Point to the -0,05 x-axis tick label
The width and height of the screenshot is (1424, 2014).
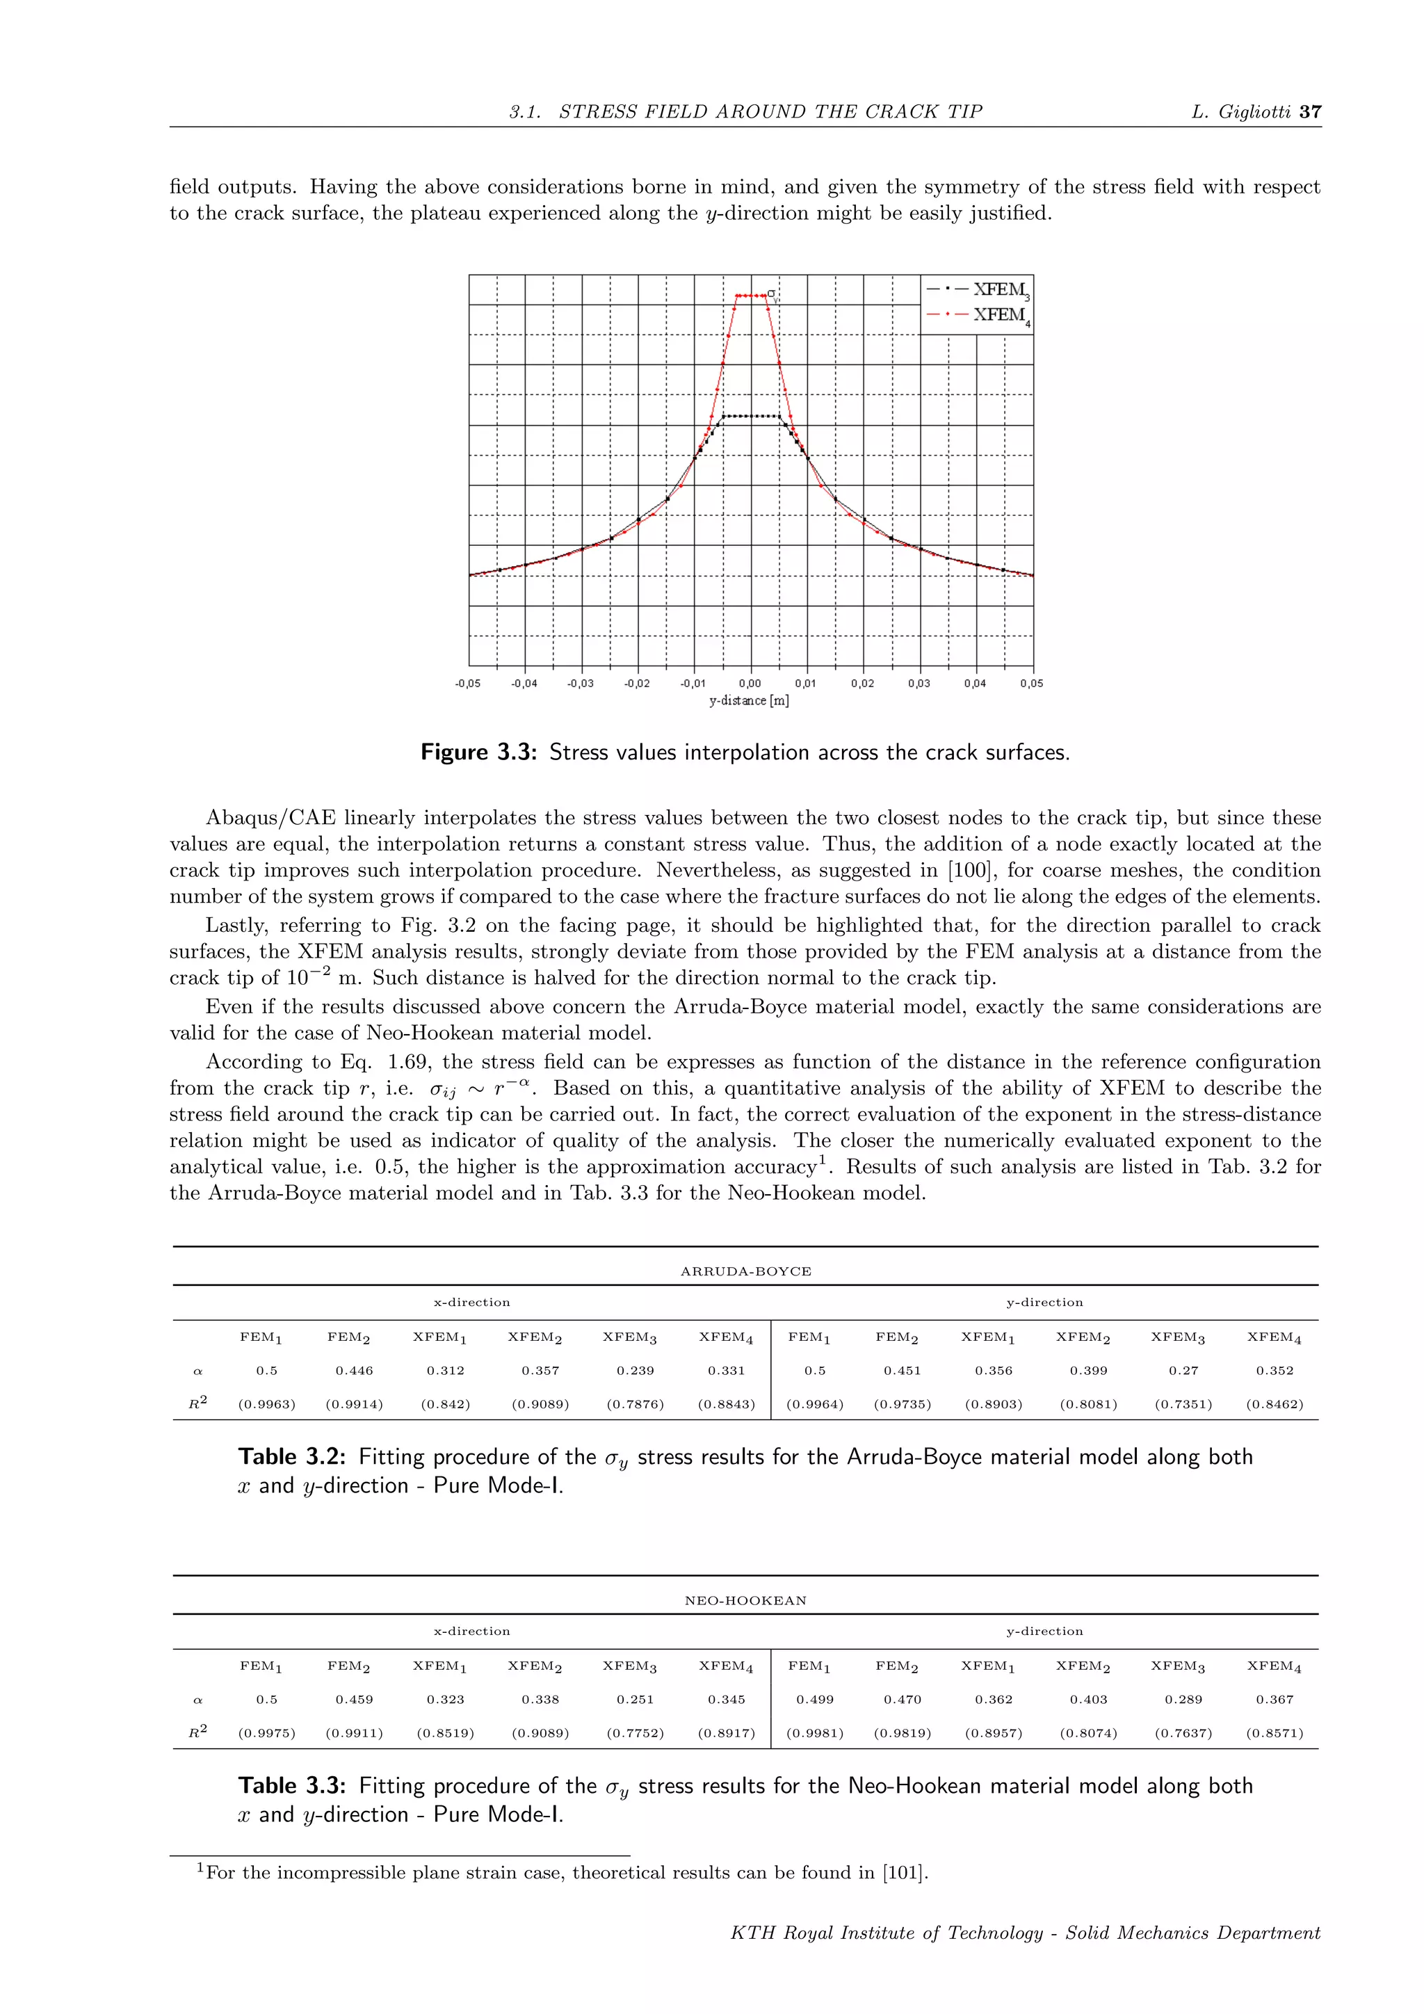point(467,684)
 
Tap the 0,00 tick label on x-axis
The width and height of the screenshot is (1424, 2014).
point(750,684)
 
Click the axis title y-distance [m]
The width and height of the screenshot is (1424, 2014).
point(749,701)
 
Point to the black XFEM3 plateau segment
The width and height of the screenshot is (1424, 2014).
point(750,416)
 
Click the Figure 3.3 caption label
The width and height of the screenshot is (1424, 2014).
point(478,752)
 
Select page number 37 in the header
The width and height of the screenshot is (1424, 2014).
point(1310,111)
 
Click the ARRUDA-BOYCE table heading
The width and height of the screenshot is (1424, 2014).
point(745,1271)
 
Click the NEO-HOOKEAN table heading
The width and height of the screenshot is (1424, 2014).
point(745,1600)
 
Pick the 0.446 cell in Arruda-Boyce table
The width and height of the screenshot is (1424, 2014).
point(354,1370)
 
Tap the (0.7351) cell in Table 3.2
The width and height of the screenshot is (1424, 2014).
point(1183,1404)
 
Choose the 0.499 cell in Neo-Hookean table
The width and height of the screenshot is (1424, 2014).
point(815,1699)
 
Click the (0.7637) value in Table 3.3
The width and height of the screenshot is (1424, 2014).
point(1183,1733)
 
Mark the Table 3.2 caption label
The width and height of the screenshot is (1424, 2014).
point(291,1457)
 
